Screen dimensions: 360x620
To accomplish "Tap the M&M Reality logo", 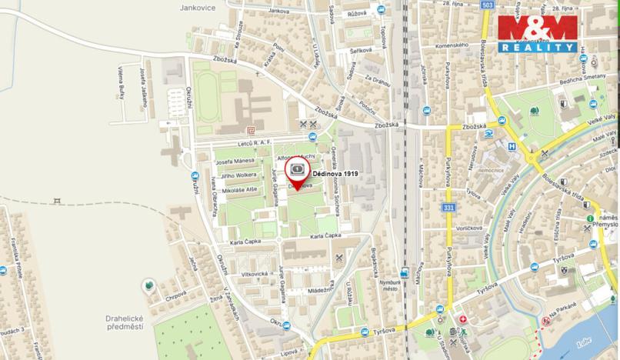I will tap(537, 33).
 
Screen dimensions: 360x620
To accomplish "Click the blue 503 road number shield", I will tap(486, 5).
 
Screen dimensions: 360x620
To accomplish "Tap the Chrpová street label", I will tap(176, 293).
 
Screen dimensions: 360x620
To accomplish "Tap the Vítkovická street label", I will tap(253, 274).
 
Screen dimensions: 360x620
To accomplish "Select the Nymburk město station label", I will tap(392, 285).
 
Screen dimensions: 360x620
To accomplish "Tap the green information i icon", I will tap(589, 219).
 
